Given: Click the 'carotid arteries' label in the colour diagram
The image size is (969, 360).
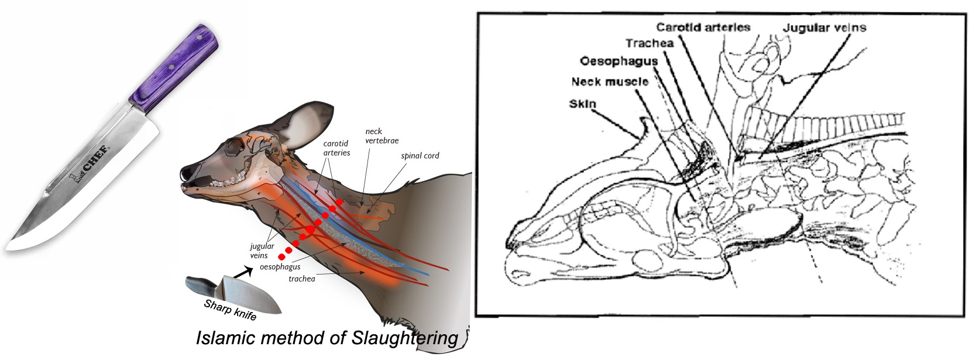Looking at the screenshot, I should tap(336, 148).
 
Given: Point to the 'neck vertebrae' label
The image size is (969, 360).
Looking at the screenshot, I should tap(382, 136).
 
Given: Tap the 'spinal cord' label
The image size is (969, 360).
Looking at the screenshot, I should tap(420, 156).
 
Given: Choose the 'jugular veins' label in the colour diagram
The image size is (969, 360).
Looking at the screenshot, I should tap(262, 251).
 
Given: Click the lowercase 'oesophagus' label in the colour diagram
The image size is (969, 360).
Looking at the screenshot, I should tap(280, 267).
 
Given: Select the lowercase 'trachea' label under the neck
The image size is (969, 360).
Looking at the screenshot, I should tap(301, 279).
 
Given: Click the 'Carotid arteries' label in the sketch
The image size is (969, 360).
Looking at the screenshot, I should tap(703, 27).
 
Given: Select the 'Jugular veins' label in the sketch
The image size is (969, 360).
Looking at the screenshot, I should tap(824, 28).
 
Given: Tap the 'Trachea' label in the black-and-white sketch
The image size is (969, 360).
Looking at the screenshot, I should tap(650, 43).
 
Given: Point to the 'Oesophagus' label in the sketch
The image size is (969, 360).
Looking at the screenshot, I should tap(618, 61).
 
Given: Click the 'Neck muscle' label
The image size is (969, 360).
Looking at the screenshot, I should tap(610, 81).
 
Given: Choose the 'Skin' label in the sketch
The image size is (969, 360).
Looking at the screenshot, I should tap(582, 104).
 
